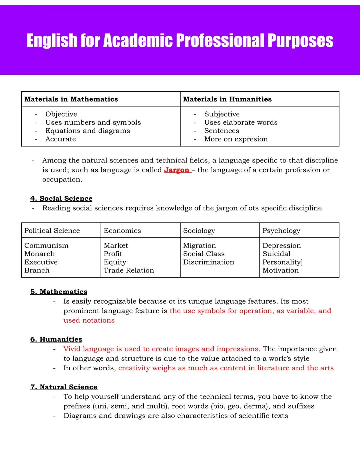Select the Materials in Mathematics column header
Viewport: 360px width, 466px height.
point(71,99)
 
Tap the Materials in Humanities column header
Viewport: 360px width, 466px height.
point(227,99)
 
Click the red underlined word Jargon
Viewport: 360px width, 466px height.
point(177,170)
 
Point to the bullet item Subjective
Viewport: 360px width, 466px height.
point(222,114)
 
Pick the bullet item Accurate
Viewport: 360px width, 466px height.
point(61,139)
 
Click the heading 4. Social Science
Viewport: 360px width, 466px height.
point(61,198)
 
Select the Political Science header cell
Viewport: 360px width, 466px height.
point(52,230)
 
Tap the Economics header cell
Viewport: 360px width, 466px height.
point(122,230)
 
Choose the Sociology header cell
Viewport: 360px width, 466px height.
point(199,230)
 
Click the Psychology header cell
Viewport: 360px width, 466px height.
point(281,230)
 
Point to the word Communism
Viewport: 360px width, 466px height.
point(46,246)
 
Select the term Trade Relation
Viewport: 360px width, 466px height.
point(129,271)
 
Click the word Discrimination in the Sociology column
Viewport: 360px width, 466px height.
point(209,262)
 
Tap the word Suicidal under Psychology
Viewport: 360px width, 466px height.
point(276,254)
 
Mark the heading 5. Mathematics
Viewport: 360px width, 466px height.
point(59,292)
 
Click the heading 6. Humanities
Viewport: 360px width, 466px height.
point(56,339)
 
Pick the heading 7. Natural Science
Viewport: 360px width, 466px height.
point(64,387)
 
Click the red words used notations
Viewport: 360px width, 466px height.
point(89,320)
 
